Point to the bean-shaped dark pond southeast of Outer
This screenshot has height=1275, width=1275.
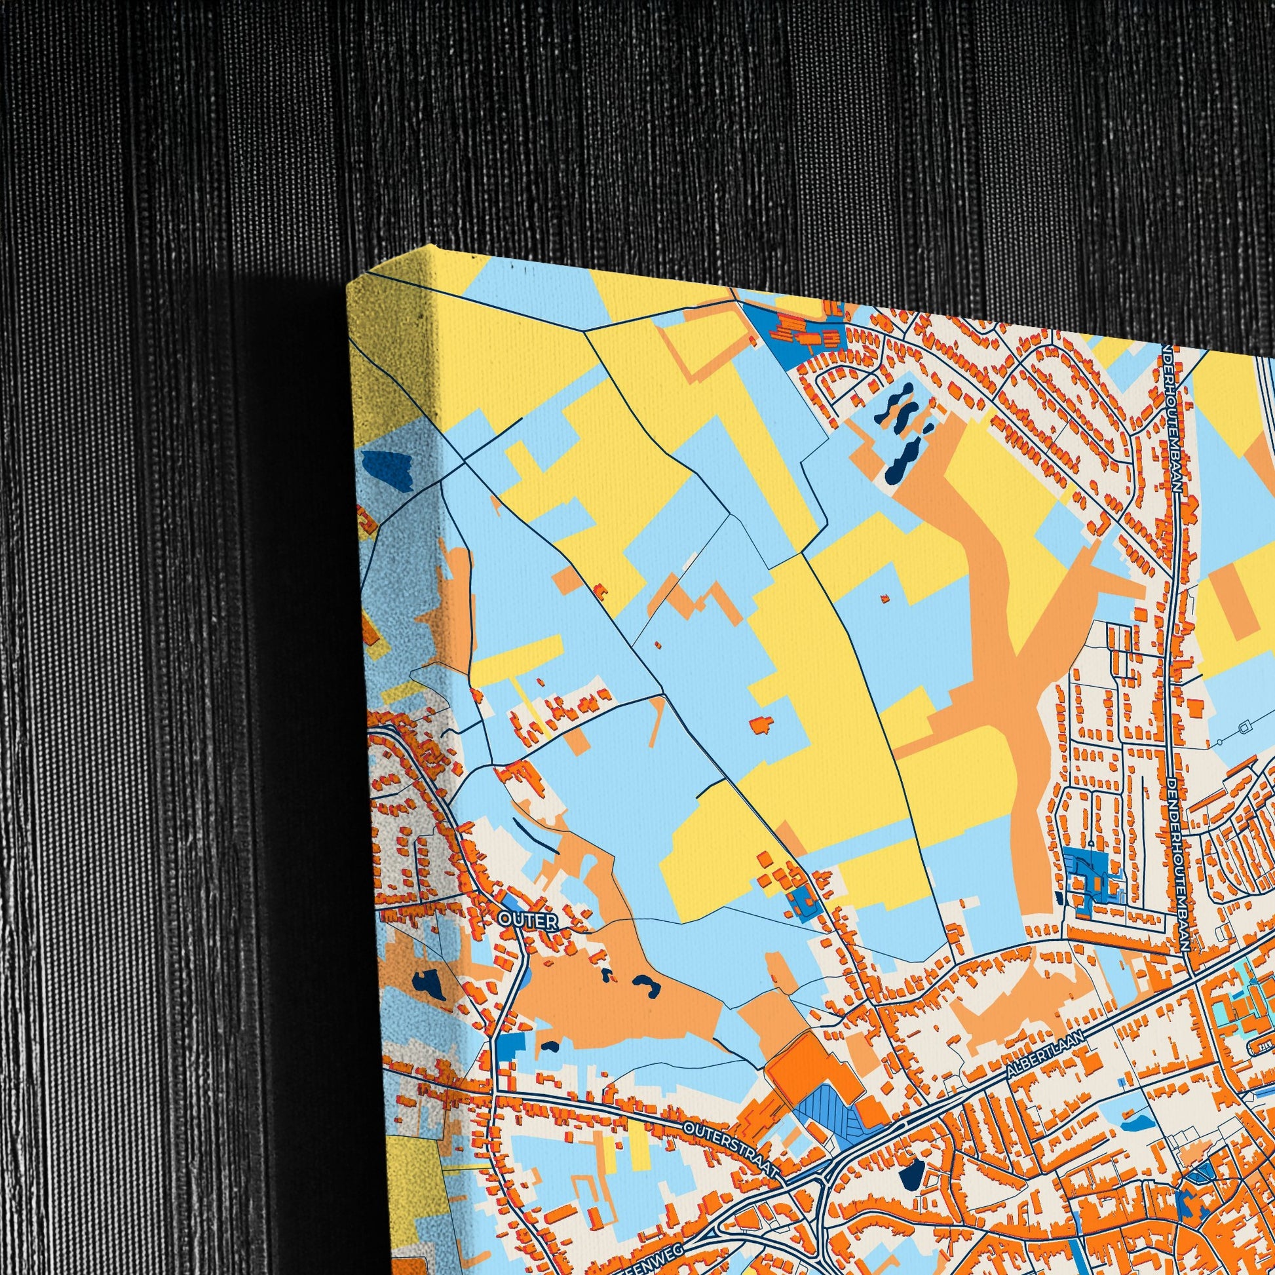click(645, 984)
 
